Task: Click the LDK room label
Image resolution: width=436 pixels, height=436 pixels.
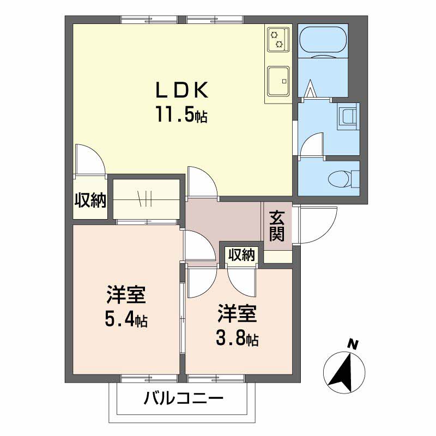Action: pyautogui.click(x=182, y=90)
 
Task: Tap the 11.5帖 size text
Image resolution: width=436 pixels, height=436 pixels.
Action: pyautogui.click(x=182, y=114)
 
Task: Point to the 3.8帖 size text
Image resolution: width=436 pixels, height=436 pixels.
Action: pyautogui.click(x=237, y=338)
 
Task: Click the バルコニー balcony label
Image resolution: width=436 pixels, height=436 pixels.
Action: pyautogui.click(x=184, y=399)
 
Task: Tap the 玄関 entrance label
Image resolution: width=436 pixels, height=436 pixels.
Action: pyautogui.click(x=277, y=226)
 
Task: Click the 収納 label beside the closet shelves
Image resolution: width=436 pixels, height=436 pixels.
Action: pyautogui.click(x=90, y=200)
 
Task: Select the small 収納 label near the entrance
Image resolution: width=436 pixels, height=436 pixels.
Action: pyautogui.click(x=241, y=255)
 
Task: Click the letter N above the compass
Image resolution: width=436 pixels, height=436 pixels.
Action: pyautogui.click(x=353, y=345)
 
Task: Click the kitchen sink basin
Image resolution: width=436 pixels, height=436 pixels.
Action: pyautogui.click(x=278, y=81)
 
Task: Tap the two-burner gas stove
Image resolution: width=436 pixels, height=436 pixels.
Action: pyautogui.click(x=278, y=39)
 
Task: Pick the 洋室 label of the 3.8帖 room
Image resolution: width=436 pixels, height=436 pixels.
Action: pyautogui.click(x=237, y=314)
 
